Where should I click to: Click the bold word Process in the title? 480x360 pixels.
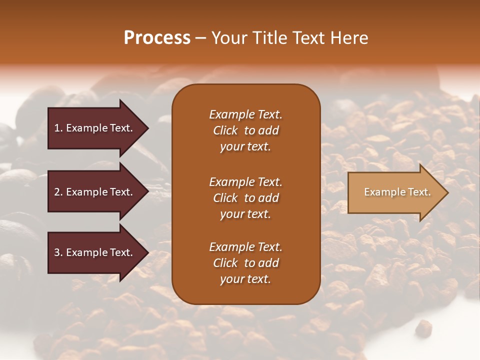coord(157,38)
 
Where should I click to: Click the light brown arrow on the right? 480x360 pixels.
coord(395,192)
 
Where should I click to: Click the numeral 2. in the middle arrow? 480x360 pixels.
coord(58,192)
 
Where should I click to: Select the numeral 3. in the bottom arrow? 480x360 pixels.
coord(58,252)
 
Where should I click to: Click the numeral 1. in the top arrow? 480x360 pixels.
coord(58,128)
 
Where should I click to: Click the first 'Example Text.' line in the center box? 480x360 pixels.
coord(245,114)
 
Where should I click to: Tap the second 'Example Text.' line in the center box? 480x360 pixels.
coord(245,182)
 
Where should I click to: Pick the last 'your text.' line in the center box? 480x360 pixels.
coord(245,279)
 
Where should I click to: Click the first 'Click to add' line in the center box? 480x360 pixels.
coord(245,130)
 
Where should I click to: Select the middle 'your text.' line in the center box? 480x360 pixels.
coord(245,214)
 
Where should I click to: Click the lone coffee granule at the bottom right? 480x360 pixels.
coord(423,328)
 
